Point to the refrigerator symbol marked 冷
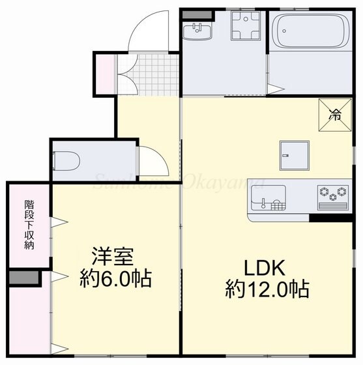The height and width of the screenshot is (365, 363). (x=334, y=115)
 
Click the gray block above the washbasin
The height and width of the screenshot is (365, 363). (x=196, y=13)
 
